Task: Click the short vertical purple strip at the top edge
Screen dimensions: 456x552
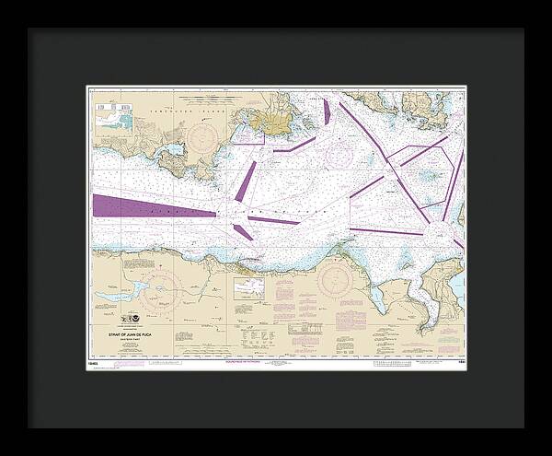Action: coord(326,111)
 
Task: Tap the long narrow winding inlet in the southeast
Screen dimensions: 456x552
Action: coord(426,310)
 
